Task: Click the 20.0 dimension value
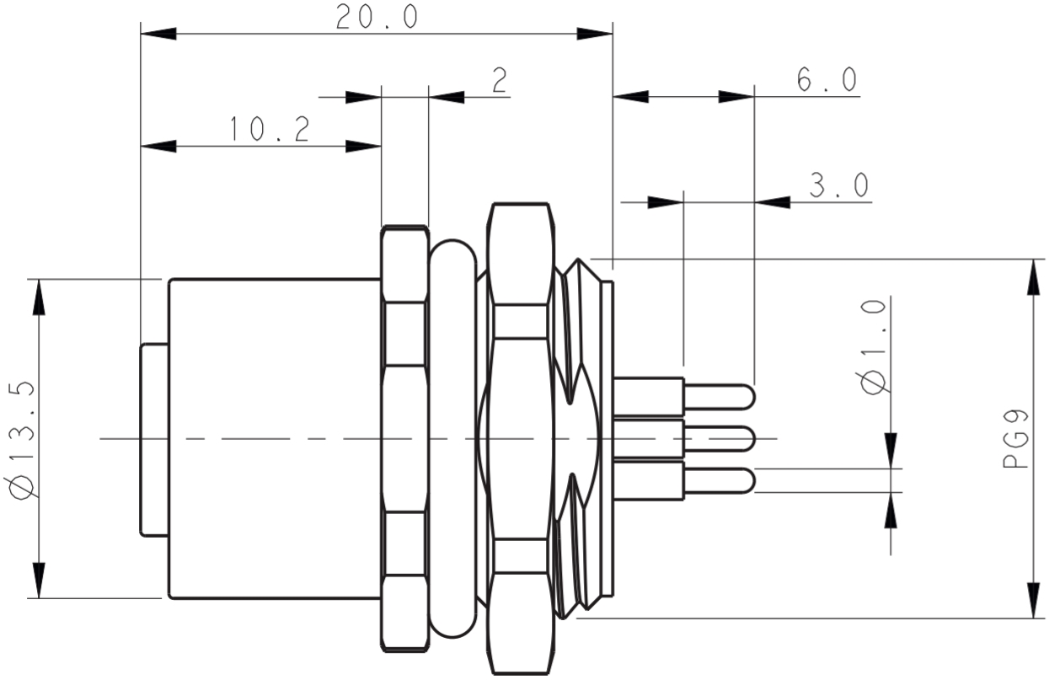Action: pyautogui.click(x=377, y=18)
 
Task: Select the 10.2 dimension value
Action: pyautogui.click(x=269, y=130)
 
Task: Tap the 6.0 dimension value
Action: pyautogui.click(x=826, y=80)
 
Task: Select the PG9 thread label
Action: pyautogui.click(x=1016, y=438)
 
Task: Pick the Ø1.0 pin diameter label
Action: pyautogui.click(x=875, y=345)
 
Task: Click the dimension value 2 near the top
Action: pyautogui.click(x=499, y=80)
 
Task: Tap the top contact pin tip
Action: pyautogui.click(x=747, y=396)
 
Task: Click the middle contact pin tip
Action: pyautogui.click(x=747, y=438)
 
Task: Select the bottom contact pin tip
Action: pyautogui.click(x=747, y=480)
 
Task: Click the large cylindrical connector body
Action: pyautogui.click(x=274, y=438)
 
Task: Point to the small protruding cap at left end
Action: pyautogui.click(x=153, y=438)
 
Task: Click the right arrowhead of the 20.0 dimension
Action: pyautogui.click(x=595, y=35)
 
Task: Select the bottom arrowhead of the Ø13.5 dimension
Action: pyautogui.click(x=39, y=581)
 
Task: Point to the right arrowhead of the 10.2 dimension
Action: pyautogui.click(x=364, y=147)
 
